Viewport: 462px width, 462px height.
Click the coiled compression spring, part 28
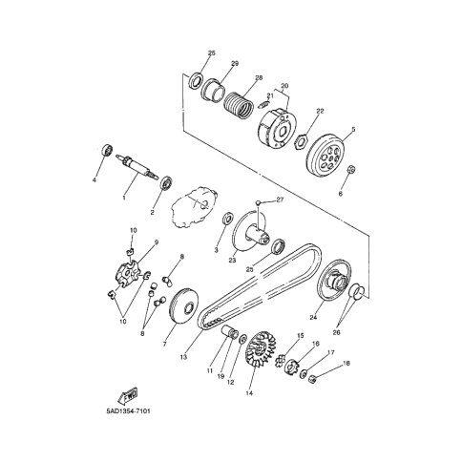[239, 105]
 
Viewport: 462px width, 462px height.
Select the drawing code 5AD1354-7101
[128, 411]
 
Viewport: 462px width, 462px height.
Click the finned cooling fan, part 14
[261, 350]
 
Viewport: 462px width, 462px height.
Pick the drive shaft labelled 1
[137, 166]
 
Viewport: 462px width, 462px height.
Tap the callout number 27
[280, 199]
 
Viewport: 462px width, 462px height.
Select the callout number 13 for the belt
[183, 357]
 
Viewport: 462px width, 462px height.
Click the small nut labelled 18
[312, 379]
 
